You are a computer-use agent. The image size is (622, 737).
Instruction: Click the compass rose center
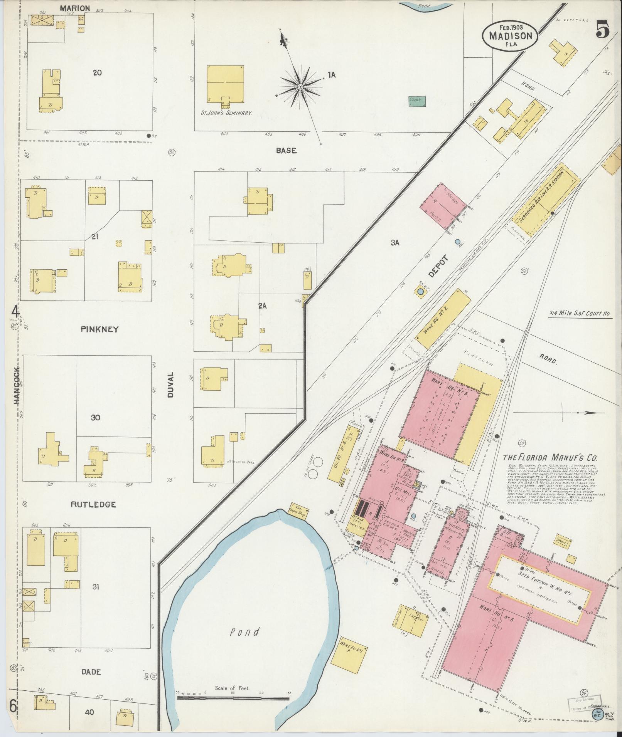pyautogui.click(x=300, y=88)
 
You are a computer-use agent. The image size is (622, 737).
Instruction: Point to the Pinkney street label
pyautogui.click(x=99, y=329)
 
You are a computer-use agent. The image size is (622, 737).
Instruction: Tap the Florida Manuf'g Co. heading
pyautogui.click(x=550, y=458)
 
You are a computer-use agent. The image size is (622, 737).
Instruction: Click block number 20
pyautogui.click(x=97, y=72)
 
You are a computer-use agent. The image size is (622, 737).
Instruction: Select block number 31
pyautogui.click(x=96, y=587)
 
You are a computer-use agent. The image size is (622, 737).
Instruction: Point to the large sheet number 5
pyautogui.click(x=603, y=30)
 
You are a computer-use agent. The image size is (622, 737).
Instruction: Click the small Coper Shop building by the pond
pyautogui.click(x=300, y=511)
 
